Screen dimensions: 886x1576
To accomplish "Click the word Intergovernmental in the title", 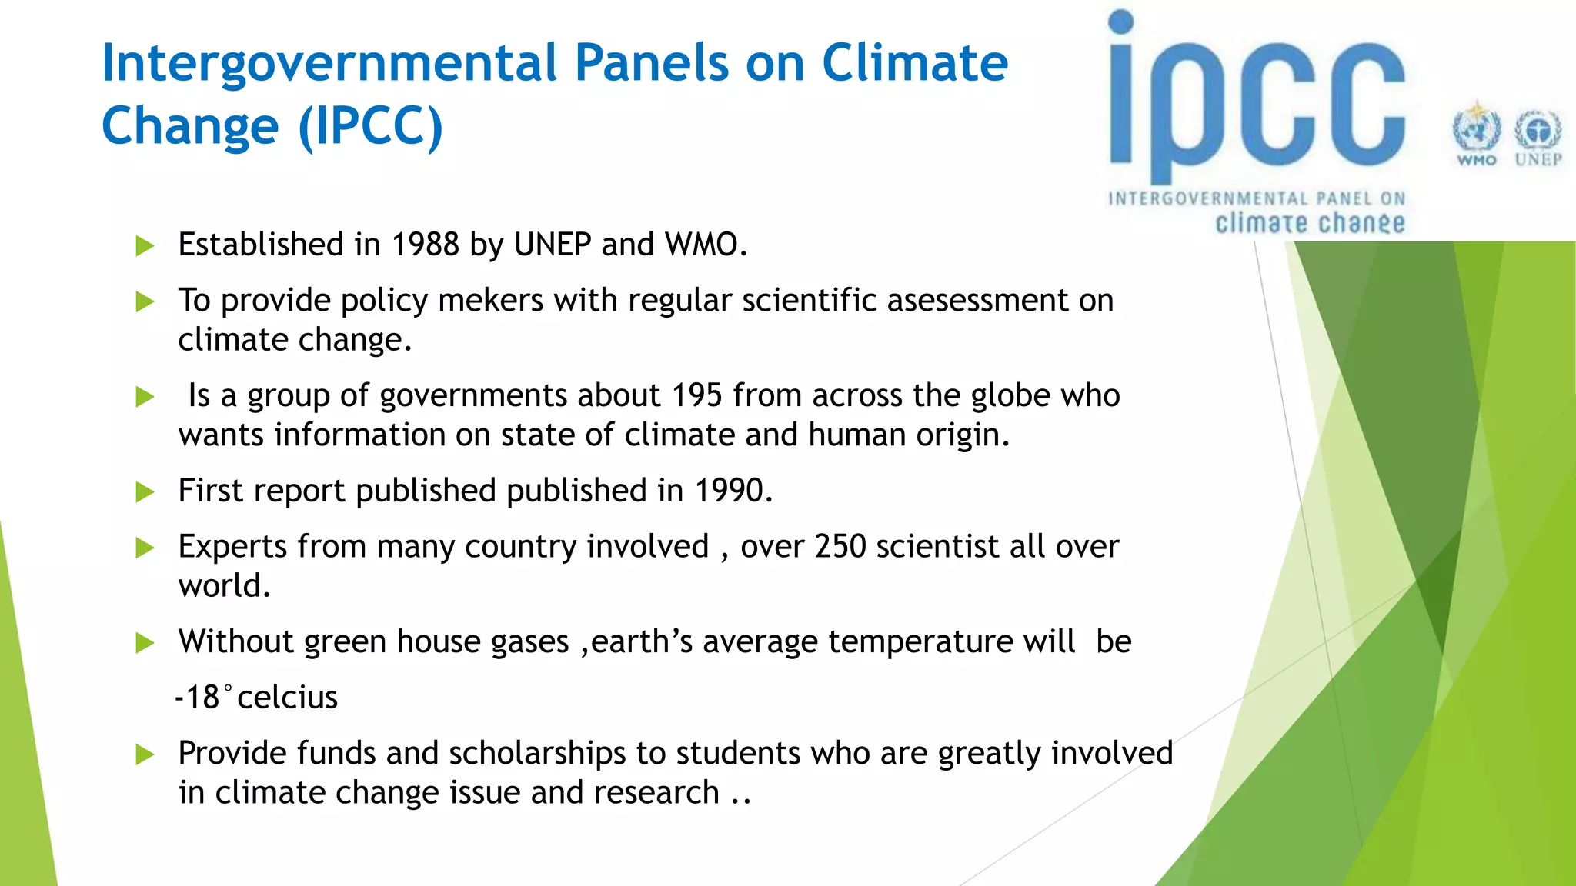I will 329,63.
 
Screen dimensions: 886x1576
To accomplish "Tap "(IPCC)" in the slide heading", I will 370,126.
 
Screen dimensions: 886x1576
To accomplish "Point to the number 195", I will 696,395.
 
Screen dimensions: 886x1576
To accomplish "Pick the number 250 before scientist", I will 840,547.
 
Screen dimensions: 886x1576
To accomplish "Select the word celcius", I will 287,698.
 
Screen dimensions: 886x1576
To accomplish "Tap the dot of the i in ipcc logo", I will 1121,22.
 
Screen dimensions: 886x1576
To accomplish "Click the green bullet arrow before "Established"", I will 145,246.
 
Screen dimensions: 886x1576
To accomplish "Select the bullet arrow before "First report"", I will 145,492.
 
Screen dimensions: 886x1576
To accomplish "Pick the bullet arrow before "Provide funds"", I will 145,754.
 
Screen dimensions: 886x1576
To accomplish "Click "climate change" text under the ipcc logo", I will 1310,223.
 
